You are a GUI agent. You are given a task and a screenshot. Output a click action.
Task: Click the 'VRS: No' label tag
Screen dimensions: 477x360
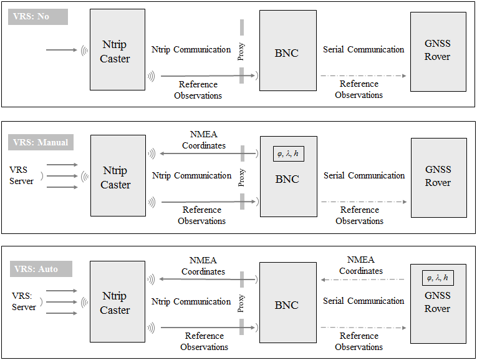click(x=37, y=17)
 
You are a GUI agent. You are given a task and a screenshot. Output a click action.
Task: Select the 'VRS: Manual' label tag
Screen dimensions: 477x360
click(x=41, y=142)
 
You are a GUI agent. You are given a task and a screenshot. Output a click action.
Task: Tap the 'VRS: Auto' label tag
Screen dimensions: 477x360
click(x=41, y=269)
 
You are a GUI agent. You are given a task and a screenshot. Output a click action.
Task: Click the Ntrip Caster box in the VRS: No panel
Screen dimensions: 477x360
click(x=117, y=50)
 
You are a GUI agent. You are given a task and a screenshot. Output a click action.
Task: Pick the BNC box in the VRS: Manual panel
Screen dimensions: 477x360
click(x=289, y=177)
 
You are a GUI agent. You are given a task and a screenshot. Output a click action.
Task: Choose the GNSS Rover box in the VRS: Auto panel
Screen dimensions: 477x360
click(x=438, y=304)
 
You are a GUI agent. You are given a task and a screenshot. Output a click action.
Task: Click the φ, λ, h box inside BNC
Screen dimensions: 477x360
click(x=289, y=154)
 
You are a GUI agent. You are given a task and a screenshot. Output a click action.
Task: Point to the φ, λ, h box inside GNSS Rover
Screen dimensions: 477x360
click(x=438, y=278)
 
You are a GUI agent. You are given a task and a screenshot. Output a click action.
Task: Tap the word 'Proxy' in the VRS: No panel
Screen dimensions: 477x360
click(x=241, y=51)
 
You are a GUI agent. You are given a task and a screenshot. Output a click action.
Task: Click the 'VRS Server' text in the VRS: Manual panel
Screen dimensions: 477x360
click(x=21, y=175)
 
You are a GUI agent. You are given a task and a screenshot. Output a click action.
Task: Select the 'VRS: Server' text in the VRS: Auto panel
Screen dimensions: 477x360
click(x=24, y=301)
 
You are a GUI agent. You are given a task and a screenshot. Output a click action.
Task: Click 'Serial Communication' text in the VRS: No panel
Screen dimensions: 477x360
click(x=364, y=49)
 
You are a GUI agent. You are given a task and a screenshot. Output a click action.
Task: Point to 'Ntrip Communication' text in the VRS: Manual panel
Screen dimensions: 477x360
click(x=191, y=175)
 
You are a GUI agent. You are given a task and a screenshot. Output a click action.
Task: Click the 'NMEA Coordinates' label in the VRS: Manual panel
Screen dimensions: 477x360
click(x=204, y=140)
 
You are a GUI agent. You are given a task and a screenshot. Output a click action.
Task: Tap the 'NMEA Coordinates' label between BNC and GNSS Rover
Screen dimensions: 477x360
click(x=361, y=265)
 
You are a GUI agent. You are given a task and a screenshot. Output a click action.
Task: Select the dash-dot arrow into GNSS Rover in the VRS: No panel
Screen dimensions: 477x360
click(x=364, y=75)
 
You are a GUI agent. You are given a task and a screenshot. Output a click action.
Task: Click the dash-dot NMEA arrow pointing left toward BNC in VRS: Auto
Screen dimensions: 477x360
click(x=363, y=280)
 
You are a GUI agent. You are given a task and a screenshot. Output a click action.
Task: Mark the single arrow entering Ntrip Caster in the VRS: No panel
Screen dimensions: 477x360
click(x=62, y=50)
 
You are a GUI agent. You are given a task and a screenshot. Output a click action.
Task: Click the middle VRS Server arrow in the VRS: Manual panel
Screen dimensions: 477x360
click(x=62, y=176)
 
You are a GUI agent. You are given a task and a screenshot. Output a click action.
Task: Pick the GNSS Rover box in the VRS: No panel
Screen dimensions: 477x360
click(x=438, y=52)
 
